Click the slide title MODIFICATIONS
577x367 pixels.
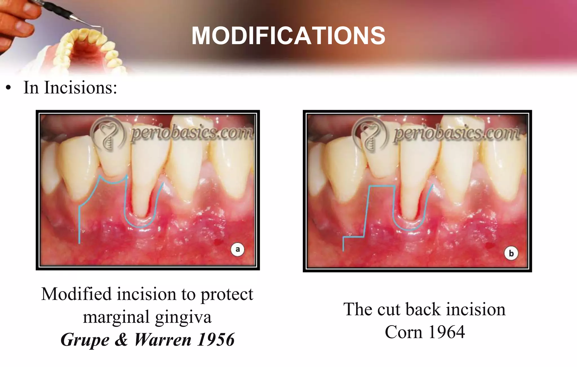pos(288,36)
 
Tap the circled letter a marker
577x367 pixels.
pos(237,250)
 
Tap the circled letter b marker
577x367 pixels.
pos(511,253)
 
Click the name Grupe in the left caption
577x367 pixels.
pos(85,340)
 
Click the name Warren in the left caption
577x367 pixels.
pos(163,340)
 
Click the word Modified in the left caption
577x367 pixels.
pos(76,294)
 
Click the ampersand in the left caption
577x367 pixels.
pos(121,340)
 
